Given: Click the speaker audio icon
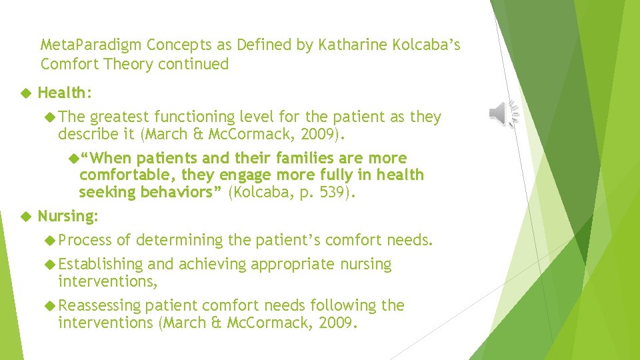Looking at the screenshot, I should pyautogui.click(x=503, y=114).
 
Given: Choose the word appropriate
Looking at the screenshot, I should pyautogui.click(x=293, y=265).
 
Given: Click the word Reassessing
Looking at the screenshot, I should pyautogui.click(x=100, y=306).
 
